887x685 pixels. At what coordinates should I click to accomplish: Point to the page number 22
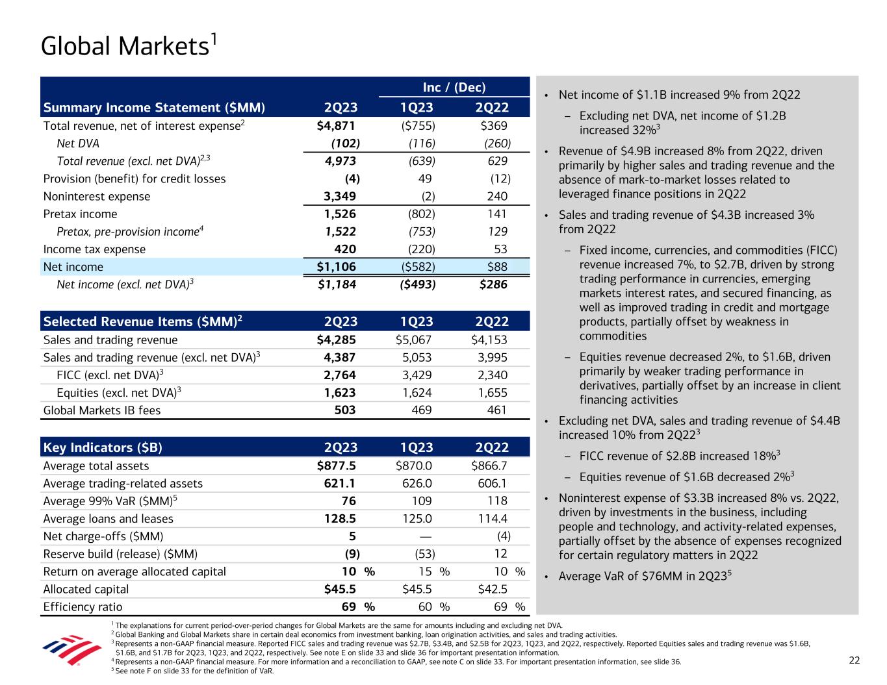[x=854, y=660]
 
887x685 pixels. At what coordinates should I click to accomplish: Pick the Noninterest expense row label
[x=96, y=196]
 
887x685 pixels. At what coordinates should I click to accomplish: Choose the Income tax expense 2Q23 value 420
[x=342, y=249]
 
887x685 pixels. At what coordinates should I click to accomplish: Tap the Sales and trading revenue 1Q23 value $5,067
[x=413, y=340]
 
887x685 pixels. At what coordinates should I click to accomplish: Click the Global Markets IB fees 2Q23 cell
[x=342, y=410]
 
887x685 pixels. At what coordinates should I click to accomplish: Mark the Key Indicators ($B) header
[x=103, y=447]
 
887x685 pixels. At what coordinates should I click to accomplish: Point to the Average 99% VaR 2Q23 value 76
[x=348, y=501]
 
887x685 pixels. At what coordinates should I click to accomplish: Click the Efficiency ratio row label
[x=83, y=607]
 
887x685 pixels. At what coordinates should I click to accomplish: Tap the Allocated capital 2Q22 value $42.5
[x=492, y=589]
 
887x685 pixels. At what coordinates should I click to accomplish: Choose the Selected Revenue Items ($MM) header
[x=143, y=321]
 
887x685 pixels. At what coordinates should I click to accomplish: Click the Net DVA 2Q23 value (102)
[x=346, y=143]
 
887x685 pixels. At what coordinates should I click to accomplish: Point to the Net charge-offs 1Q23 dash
[x=426, y=536]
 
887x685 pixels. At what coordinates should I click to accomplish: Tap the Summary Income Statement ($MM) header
[x=154, y=108]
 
